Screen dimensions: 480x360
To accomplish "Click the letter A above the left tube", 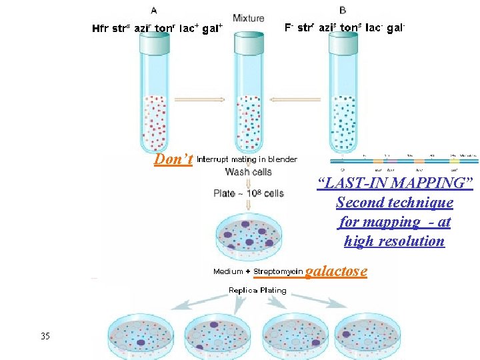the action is (x=155, y=10).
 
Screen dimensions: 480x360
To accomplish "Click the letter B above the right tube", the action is (x=343, y=10).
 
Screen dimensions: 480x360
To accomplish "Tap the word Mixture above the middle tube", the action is (x=248, y=18).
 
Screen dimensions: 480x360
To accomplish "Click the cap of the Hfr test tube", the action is (x=154, y=43).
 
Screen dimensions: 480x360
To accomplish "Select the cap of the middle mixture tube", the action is (x=249, y=43).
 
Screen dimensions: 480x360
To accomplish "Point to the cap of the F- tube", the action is (x=343, y=43).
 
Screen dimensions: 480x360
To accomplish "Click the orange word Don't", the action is (x=173, y=159).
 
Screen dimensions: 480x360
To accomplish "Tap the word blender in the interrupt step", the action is (x=282, y=159).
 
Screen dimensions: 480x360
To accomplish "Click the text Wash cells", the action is (x=248, y=171).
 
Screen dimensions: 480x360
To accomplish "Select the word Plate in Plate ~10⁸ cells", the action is (x=224, y=193).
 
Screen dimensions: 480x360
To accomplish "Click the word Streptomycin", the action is (x=278, y=271).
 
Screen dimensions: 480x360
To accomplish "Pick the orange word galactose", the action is (x=336, y=271).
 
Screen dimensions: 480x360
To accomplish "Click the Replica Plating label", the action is (x=257, y=290).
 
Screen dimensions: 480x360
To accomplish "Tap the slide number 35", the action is (x=45, y=336).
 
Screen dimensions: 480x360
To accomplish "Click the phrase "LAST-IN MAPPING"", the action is (x=395, y=183).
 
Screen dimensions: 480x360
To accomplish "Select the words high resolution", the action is (x=394, y=241).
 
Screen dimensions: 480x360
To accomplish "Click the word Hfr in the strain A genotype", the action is (x=101, y=29).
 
